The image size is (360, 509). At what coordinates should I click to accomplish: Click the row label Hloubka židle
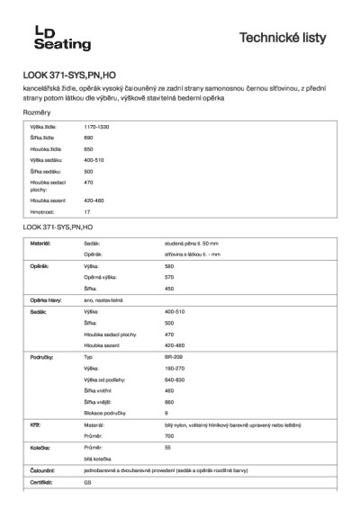45,149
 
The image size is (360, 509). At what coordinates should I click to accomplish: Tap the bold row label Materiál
40,244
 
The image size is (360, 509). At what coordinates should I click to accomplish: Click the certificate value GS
88,481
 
